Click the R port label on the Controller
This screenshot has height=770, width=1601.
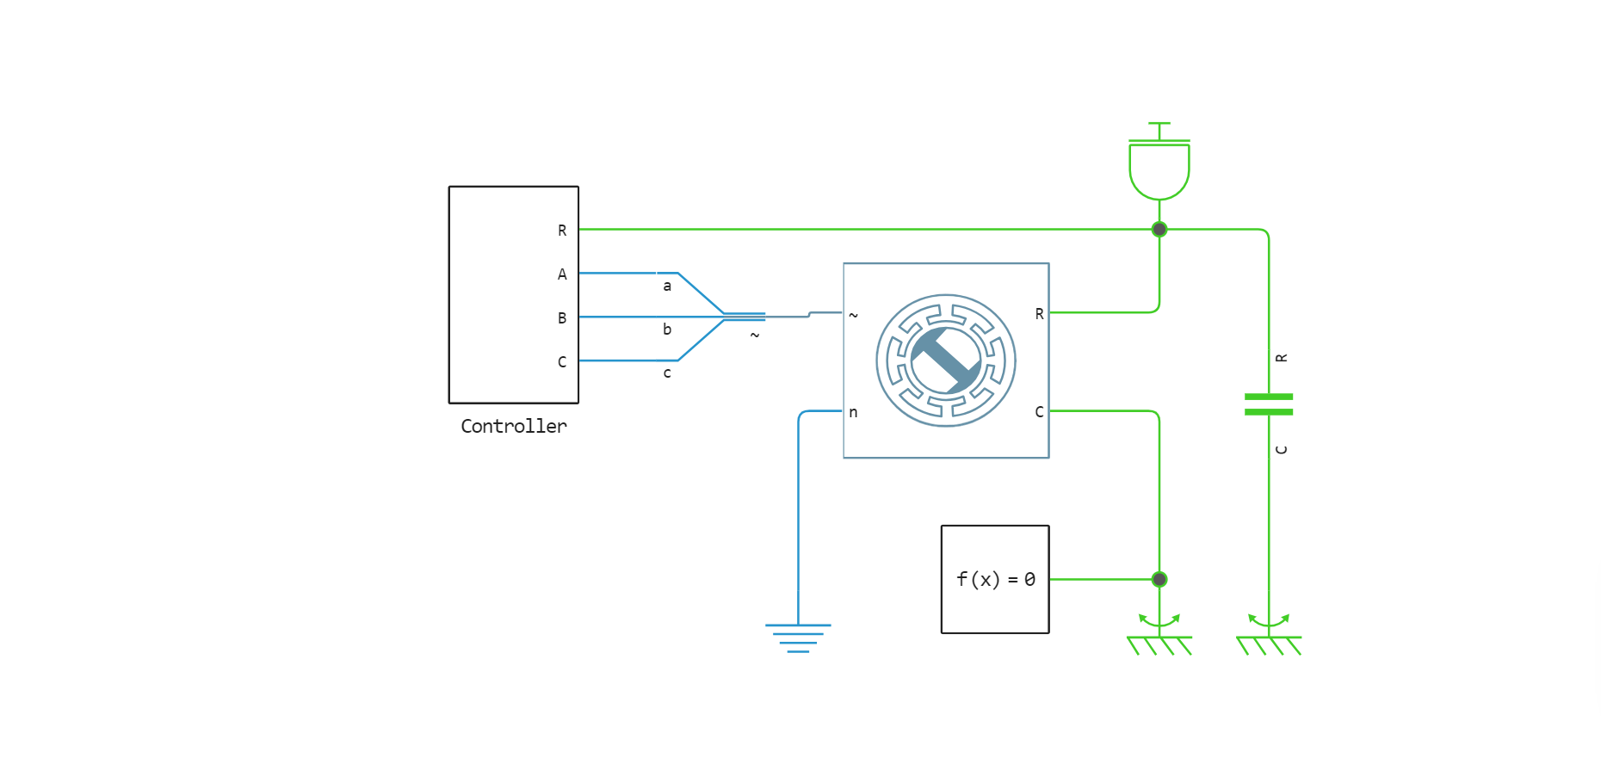pyautogui.click(x=562, y=231)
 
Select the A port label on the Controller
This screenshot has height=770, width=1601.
pyautogui.click(x=562, y=274)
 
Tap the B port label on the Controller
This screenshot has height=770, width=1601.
pyautogui.click(x=562, y=318)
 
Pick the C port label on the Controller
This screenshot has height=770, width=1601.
pyautogui.click(x=562, y=362)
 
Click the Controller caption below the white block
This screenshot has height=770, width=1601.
pyautogui.click(x=514, y=426)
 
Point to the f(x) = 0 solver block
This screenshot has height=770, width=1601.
pyautogui.click(x=995, y=579)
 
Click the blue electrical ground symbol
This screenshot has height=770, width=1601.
pyautogui.click(x=798, y=638)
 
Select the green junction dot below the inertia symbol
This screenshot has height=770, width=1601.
pyautogui.click(x=1159, y=230)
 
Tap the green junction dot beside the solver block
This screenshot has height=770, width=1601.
pyautogui.click(x=1159, y=579)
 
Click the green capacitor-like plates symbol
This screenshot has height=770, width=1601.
pyautogui.click(x=1269, y=404)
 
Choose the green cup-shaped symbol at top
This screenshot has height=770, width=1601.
pyautogui.click(x=1159, y=168)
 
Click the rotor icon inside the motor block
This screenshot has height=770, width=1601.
pyautogui.click(x=946, y=360)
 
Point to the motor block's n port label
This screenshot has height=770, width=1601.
pyautogui.click(x=853, y=412)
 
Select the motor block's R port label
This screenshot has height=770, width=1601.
pyautogui.click(x=1039, y=314)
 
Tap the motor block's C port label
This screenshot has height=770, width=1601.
pyautogui.click(x=1039, y=412)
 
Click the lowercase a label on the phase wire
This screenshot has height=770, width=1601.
pyautogui.click(x=667, y=286)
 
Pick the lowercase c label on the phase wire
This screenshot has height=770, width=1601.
pyautogui.click(x=667, y=373)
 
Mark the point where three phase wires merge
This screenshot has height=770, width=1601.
pyautogui.click(x=725, y=317)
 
